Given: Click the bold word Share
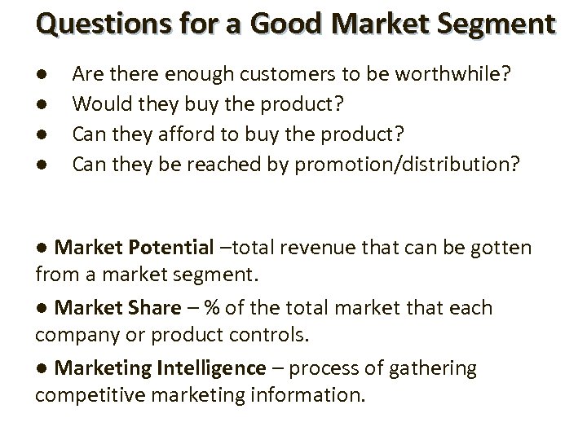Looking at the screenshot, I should (152, 308).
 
